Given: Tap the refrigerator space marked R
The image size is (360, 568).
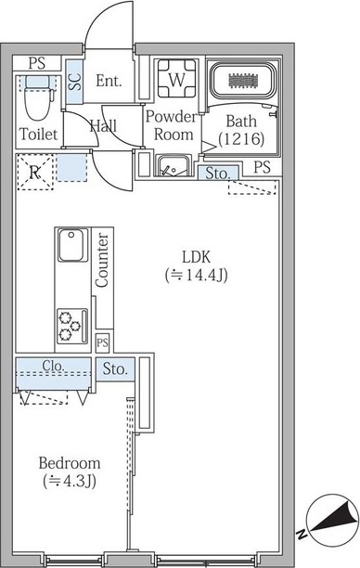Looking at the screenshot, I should pos(34,173).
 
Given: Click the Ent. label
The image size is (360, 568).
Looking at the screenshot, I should pos(109,81).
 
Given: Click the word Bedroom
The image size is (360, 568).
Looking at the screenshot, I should pos(70,462).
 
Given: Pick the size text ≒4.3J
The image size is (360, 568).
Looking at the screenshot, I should pos(70,481).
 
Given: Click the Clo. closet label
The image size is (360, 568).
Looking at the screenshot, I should pos(53,367).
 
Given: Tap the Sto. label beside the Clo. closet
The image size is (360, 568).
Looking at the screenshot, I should pos(115,368).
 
